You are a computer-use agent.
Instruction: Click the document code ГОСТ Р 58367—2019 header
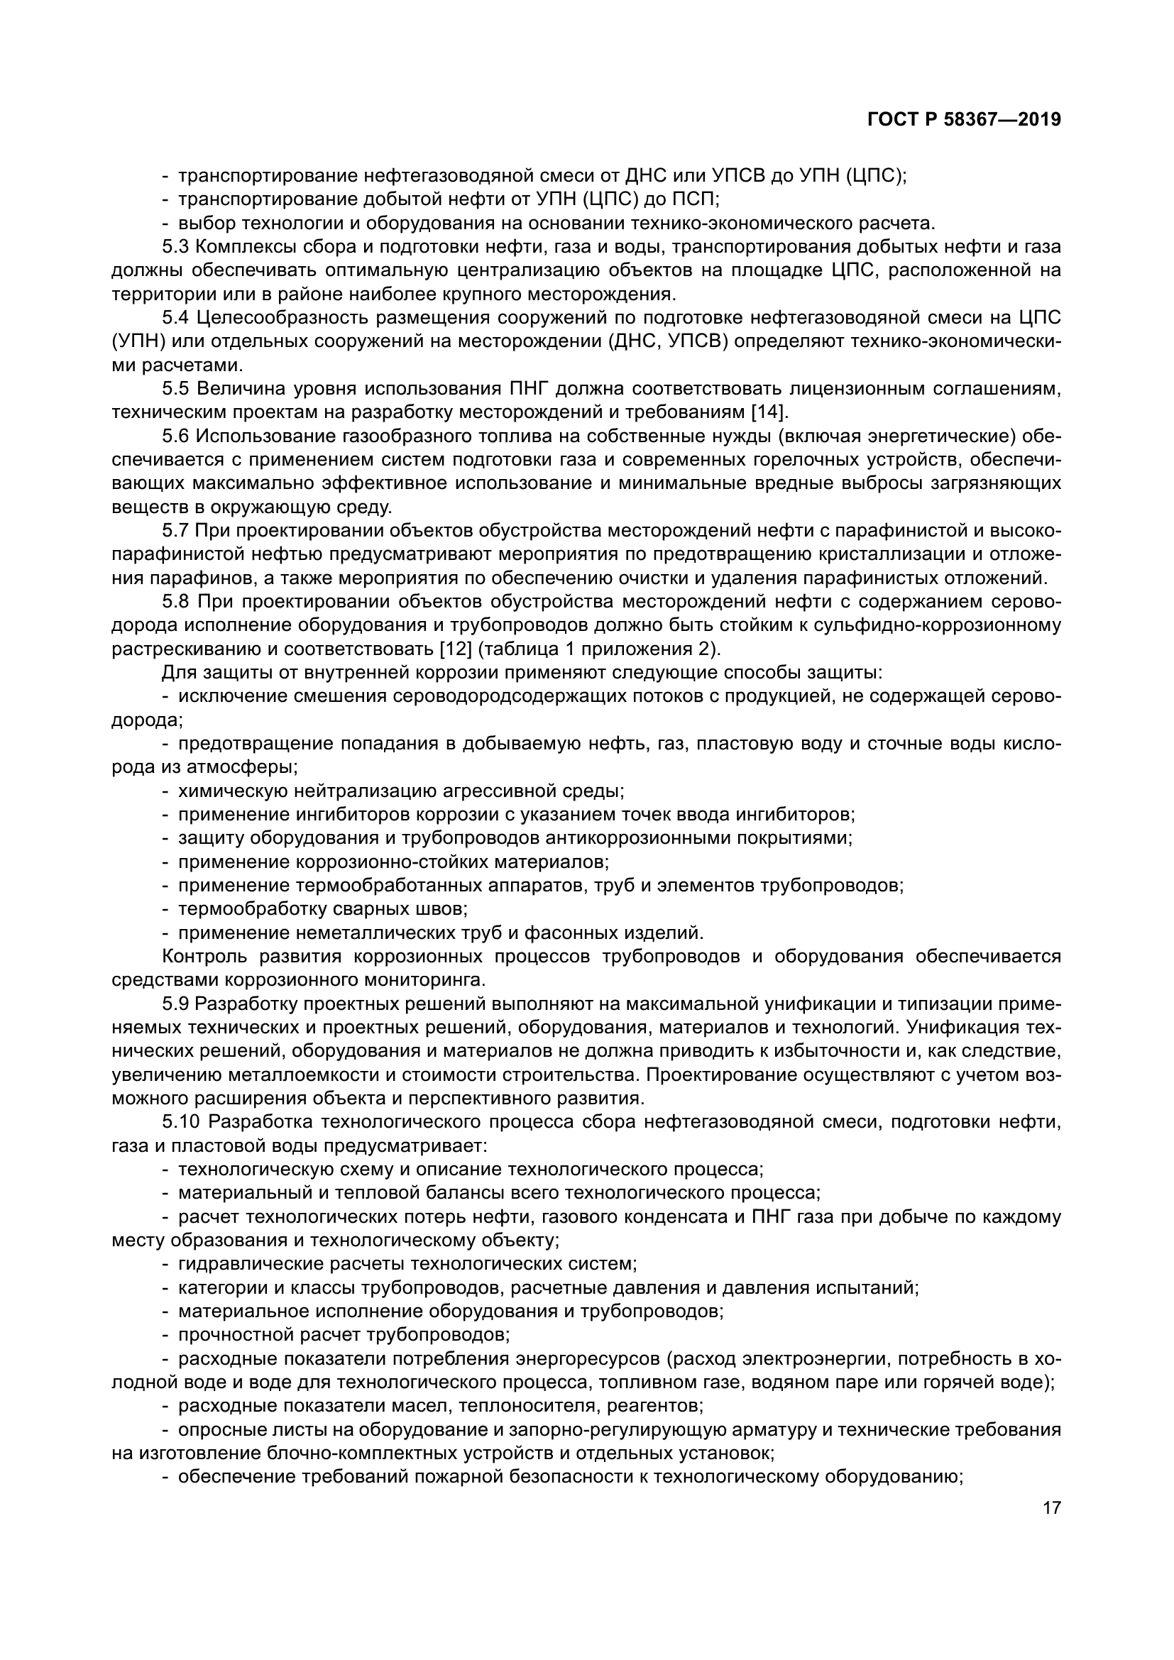964,120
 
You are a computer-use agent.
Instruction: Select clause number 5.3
175,247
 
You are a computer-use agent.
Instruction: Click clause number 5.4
175,318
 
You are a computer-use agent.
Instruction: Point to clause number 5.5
175,389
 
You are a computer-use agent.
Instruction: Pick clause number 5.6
175,436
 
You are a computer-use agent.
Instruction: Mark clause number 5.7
175,531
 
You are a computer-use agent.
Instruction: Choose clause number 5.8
175,602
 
